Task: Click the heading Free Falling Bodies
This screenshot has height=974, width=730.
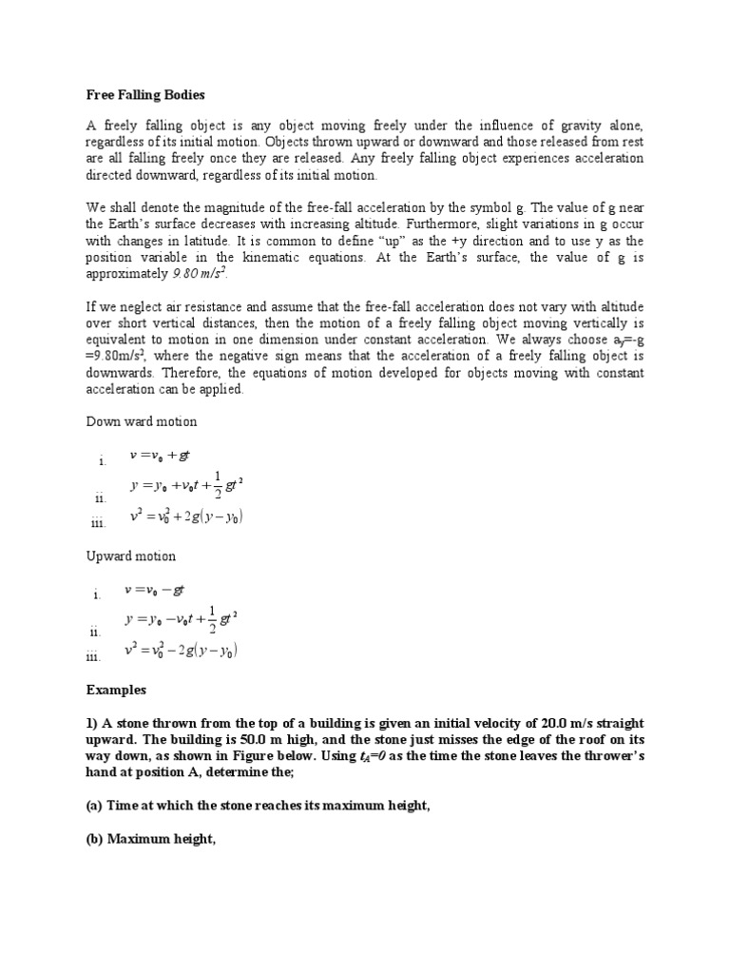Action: [145, 96]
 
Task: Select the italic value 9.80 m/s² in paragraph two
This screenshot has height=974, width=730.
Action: [201, 275]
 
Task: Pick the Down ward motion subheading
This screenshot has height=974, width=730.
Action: [142, 421]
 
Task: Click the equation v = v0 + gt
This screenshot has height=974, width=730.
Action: [166, 456]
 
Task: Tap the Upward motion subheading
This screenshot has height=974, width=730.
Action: [131, 556]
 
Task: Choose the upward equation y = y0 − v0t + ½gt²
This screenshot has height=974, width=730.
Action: [181, 620]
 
